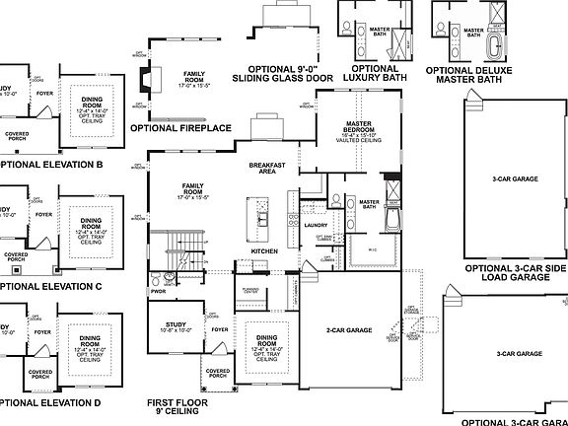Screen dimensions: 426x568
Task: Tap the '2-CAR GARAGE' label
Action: coord(353,329)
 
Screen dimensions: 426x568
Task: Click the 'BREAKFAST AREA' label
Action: coord(266,168)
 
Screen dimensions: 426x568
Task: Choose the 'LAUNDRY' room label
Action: coord(316,225)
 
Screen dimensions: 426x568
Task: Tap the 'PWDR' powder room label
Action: coord(158,292)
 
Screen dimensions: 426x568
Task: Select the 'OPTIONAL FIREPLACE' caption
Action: coord(181,127)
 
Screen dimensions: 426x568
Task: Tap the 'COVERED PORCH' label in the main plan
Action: coord(216,376)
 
